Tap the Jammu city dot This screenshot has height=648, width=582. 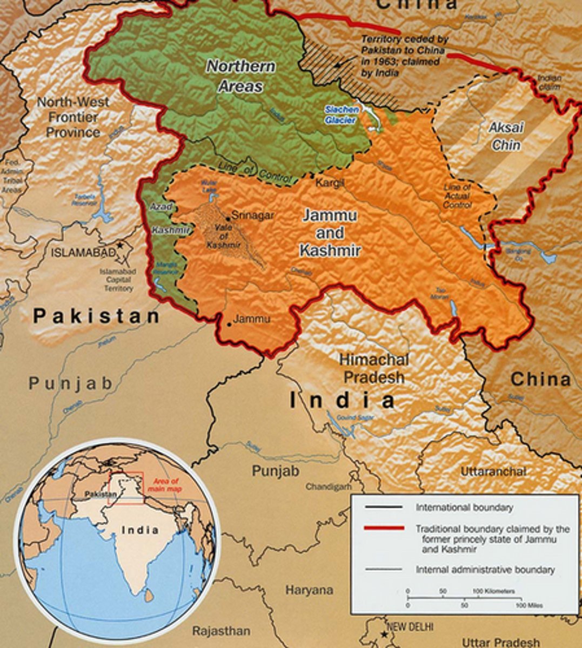click(230, 324)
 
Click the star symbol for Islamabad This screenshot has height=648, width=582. click(120, 246)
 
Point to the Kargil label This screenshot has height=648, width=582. click(330, 183)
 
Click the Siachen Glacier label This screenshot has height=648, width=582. click(341, 114)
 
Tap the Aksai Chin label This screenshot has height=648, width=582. click(506, 136)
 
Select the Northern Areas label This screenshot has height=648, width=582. click(241, 76)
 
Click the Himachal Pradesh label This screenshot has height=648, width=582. click(374, 368)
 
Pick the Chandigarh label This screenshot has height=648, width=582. click(329, 487)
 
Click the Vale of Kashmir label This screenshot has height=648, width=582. click(224, 236)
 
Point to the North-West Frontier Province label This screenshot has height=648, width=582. click(73, 117)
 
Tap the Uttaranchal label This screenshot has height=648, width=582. click(493, 471)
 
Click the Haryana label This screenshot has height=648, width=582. click(309, 590)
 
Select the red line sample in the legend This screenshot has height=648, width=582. click(384, 528)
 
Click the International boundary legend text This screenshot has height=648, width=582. click(464, 508)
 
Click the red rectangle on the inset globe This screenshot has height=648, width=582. click(126, 488)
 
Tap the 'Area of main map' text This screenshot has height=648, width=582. click(166, 485)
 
